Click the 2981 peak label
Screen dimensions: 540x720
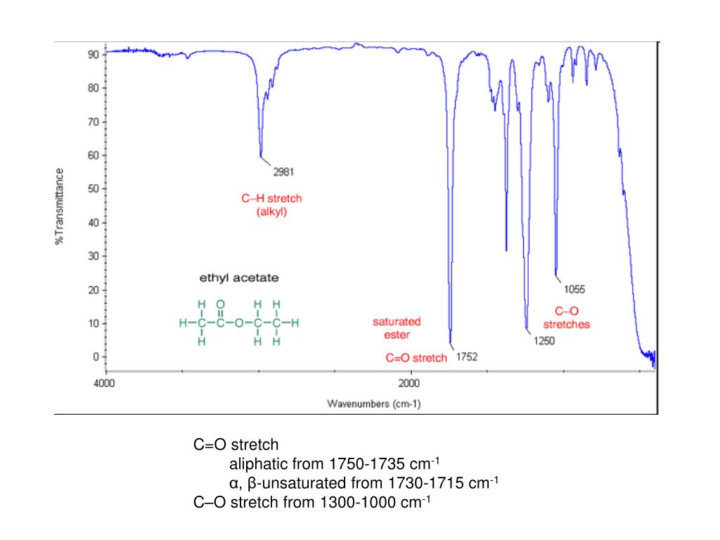(x=283, y=172)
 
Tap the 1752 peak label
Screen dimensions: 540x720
(x=467, y=357)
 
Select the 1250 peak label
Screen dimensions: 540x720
(x=544, y=342)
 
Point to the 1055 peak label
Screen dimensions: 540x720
(x=574, y=288)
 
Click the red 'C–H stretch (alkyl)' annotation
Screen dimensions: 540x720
(x=271, y=205)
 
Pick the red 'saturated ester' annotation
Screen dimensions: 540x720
(x=397, y=328)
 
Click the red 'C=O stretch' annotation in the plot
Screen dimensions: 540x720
(x=416, y=358)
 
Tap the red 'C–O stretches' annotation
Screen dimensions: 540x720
(x=567, y=318)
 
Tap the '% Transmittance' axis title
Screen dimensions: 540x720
(x=60, y=205)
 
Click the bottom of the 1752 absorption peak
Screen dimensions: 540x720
(x=451, y=342)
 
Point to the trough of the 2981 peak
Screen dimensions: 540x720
(x=261, y=156)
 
